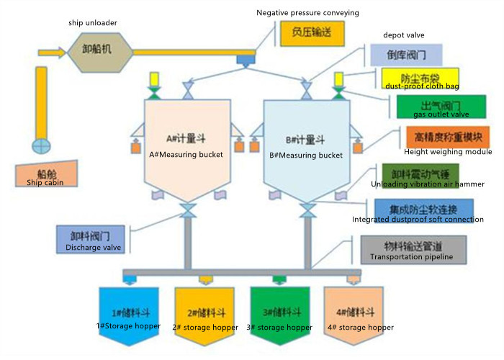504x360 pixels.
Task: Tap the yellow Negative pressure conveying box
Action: (x=311, y=35)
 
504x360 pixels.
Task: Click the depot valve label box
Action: (x=405, y=55)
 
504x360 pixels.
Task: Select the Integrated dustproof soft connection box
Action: (x=423, y=210)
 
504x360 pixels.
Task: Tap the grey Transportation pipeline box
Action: (x=413, y=248)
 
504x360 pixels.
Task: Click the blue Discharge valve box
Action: (x=91, y=239)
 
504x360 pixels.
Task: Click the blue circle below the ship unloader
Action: (x=41, y=145)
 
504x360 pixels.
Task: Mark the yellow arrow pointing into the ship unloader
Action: (x=51, y=53)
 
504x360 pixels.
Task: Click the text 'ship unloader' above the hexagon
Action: (x=93, y=22)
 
